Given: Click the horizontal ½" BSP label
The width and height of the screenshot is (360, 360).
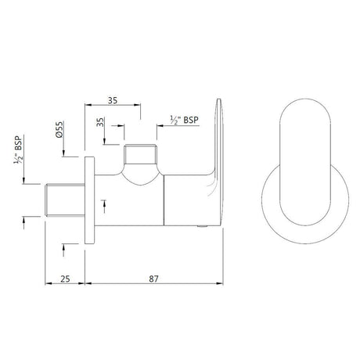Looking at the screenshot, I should click(x=182, y=118).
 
